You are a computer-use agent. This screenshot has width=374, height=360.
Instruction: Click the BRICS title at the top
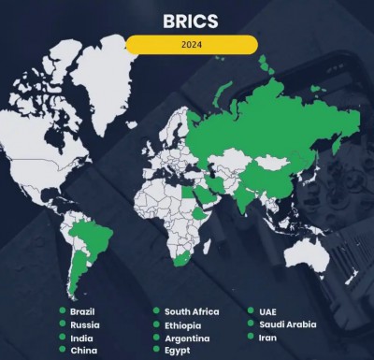tap(191, 18)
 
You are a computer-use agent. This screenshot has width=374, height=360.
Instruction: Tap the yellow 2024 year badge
tap(192, 43)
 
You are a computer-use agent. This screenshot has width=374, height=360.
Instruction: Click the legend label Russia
tap(83, 324)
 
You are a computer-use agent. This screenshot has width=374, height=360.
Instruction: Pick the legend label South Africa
tap(192, 310)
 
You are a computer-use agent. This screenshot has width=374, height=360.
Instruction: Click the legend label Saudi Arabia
tap(286, 324)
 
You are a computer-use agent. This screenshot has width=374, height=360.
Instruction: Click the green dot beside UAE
tap(250, 310)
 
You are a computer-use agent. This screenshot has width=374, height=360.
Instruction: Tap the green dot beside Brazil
tap(62, 310)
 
